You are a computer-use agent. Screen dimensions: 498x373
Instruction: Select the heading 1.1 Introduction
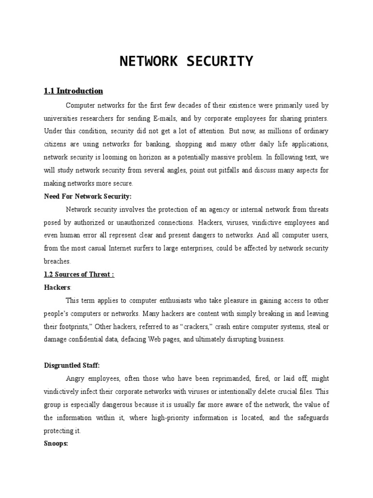click(73, 91)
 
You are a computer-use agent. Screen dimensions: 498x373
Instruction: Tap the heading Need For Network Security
click(88, 196)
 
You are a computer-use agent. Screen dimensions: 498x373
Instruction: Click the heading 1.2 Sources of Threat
click(79, 274)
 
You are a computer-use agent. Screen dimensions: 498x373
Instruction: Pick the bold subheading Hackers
click(57, 287)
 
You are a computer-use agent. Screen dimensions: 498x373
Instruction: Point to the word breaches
click(57, 261)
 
